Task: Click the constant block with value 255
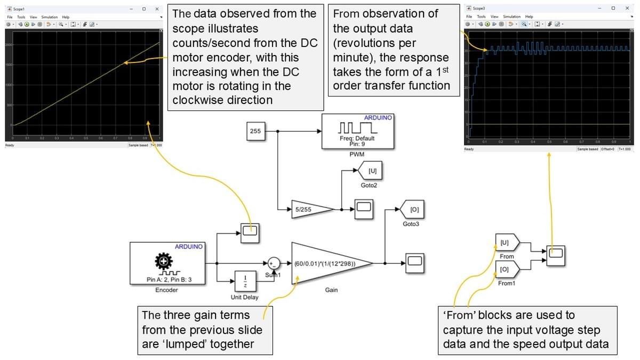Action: pos(255,131)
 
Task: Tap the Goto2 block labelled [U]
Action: pos(372,171)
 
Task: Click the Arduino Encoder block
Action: pos(166,263)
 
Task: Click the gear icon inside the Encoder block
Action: pos(163,261)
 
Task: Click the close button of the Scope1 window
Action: pos(156,9)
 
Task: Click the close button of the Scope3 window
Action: pos(626,8)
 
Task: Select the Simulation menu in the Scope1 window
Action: pos(50,17)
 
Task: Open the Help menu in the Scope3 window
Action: pos(529,17)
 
